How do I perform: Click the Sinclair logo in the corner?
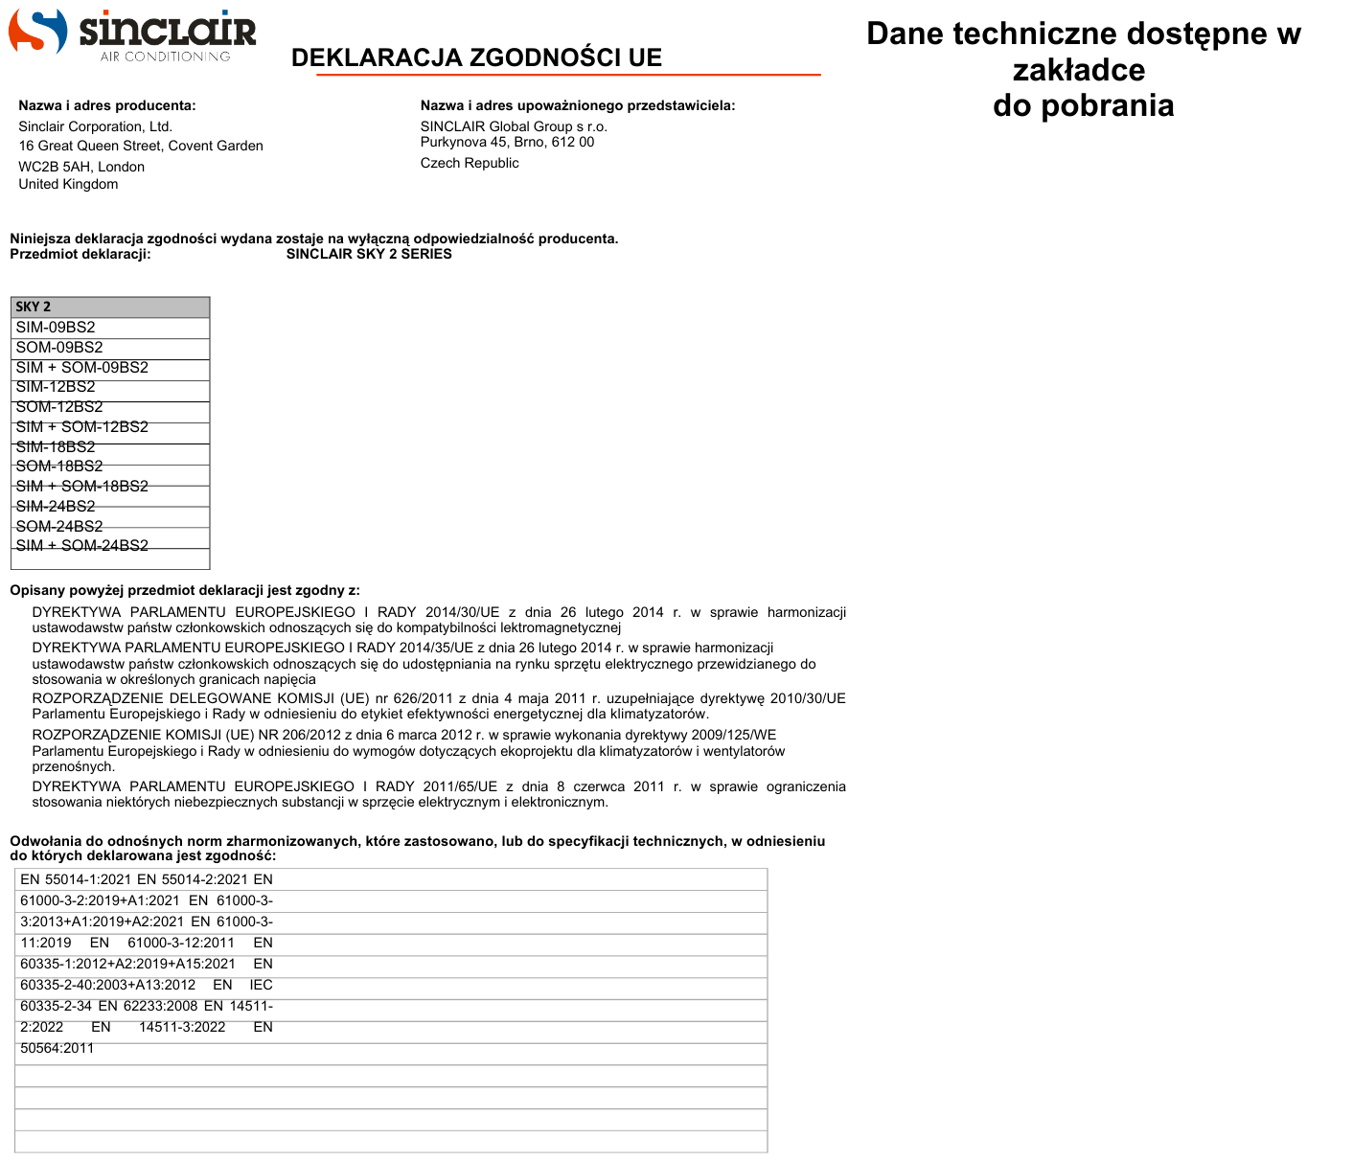(x=132, y=34)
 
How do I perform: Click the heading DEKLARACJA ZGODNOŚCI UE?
(x=476, y=58)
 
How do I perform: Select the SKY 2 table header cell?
(x=110, y=307)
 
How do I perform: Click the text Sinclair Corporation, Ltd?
(x=95, y=126)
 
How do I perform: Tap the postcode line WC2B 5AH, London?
(x=81, y=167)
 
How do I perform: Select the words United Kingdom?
(x=68, y=184)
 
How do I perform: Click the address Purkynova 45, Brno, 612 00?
(x=507, y=142)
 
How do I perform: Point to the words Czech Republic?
(x=470, y=163)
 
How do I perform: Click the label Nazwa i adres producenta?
(x=107, y=105)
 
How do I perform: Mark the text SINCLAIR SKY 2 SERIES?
(x=369, y=254)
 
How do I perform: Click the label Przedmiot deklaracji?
(x=80, y=254)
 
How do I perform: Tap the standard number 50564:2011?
(x=57, y=1048)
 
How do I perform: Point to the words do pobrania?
(x=1083, y=105)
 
